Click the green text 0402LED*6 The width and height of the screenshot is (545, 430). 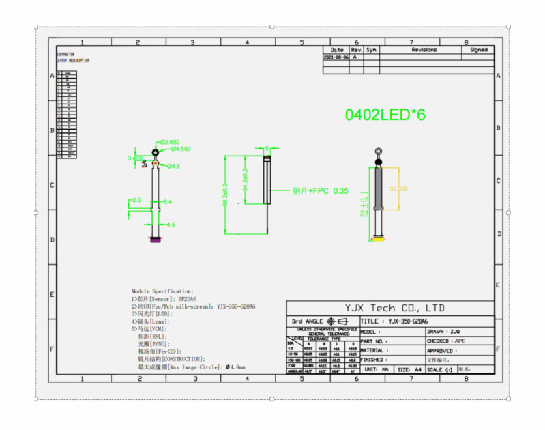tap(385, 115)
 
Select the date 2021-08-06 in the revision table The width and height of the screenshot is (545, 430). tap(336, 58)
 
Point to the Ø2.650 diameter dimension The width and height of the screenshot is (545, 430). tap(170, 142)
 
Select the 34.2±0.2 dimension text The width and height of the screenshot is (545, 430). tap(244, 180)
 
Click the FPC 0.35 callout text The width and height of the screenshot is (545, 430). tap(321, 191)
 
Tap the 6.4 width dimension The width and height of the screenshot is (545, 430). tap(168, 202)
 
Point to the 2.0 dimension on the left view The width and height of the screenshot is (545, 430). tap(136, 201)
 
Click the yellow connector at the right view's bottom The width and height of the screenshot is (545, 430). tap(379, 238)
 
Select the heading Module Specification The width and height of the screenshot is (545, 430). tap(162, 291)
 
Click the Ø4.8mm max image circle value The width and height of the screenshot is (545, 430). tap(235, 367)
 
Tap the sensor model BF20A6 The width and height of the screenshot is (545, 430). tap(187, 299)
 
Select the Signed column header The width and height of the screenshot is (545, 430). tap(479, 50)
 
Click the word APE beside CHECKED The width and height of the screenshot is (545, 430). tap(461, 341)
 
